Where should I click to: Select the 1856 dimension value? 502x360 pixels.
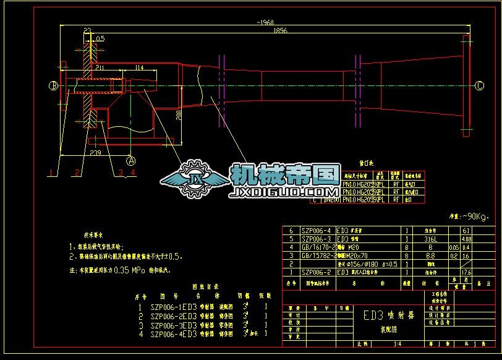[279, 30]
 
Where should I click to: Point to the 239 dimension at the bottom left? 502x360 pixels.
[95, 152]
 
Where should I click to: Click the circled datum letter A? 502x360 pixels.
[130, 159]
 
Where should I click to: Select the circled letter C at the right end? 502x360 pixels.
[479, 86]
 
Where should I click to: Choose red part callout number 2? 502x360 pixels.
[76, 171]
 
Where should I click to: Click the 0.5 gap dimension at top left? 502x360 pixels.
[100, 38]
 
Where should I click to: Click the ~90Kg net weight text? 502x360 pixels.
[468, 216]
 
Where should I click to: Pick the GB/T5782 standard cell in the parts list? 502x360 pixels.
[317, 255]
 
